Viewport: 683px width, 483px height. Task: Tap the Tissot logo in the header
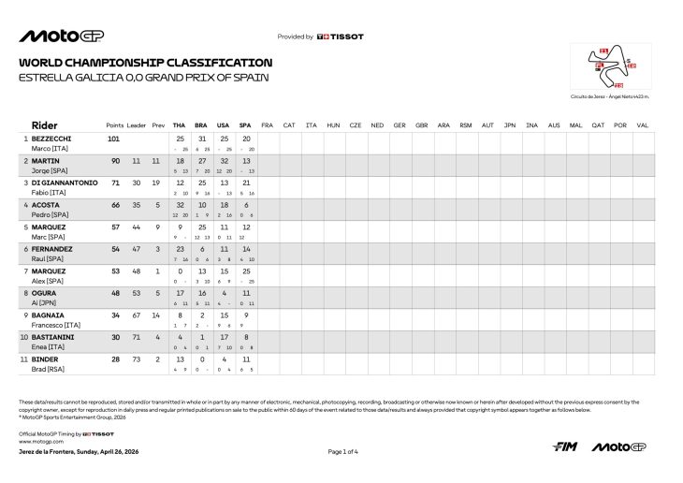tap(341, 37)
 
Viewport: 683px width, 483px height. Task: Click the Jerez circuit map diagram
tap(610, 67)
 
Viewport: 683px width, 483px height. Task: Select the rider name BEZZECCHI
tap(53, 139)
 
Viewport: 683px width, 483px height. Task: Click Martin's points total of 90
tap(114, 161)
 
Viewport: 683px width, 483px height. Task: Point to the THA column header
tap(180, 124)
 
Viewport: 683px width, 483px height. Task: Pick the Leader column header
tap(137, 124)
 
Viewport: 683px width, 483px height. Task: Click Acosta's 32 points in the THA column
tap(180, 205)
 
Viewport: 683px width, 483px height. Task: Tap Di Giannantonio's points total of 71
tap(114, 183)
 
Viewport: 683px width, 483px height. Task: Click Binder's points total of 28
tap(114, 359)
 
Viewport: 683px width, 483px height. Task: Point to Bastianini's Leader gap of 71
tap(137, 336)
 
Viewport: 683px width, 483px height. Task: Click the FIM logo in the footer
tap(564, 446)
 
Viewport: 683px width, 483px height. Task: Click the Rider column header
tap(45, 124)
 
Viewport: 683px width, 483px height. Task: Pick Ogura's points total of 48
tap(114, 292)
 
